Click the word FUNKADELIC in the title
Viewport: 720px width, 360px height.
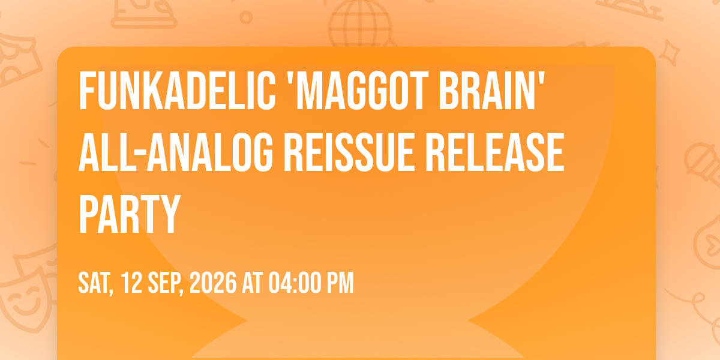[x=177, y=91]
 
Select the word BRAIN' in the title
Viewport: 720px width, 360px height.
[x=492, y=91]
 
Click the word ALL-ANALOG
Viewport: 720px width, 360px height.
[x=175, y=152]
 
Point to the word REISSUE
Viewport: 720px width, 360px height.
[x=350, y=152]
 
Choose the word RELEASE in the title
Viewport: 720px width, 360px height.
[x=496, y=152]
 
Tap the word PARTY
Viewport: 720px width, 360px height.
[x=129, y=214]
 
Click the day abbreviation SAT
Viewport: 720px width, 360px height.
[x=96, y=283]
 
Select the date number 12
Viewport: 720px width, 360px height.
[x=132, y=283]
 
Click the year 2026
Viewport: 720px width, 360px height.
[x=213, y=283]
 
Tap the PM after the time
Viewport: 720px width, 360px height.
[x=340, y=283]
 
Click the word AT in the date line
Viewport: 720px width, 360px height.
[x=253, y=283]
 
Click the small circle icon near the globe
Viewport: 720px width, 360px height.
[x=246, y=17]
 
